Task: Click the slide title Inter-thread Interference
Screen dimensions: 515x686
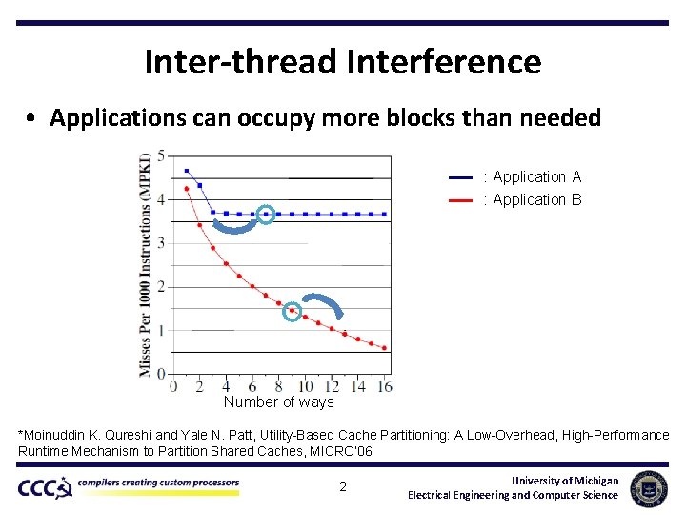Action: (x=343, y=62)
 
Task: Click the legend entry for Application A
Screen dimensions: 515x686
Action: (x=537, y=177)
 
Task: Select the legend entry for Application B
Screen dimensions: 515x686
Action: (x=537, y=200)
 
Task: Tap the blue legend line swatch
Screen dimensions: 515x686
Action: (x=460, y=177)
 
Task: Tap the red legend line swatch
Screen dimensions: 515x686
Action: (x=460, y=200)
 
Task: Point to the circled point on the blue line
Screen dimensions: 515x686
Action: (x=266, y=215)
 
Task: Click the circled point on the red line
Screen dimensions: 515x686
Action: (x=293, y=311)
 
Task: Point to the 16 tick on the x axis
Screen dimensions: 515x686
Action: (x=385, y=386)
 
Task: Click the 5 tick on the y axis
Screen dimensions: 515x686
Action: (x=161, y=155)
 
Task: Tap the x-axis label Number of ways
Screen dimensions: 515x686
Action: (x=278, y=402)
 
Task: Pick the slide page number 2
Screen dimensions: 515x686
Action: (x=343, y=487)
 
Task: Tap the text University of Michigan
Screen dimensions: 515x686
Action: (x=564, y=481)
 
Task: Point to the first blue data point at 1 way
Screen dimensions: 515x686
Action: (x=187, y=171)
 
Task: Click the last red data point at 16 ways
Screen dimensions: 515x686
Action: (x=384, y=348)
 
